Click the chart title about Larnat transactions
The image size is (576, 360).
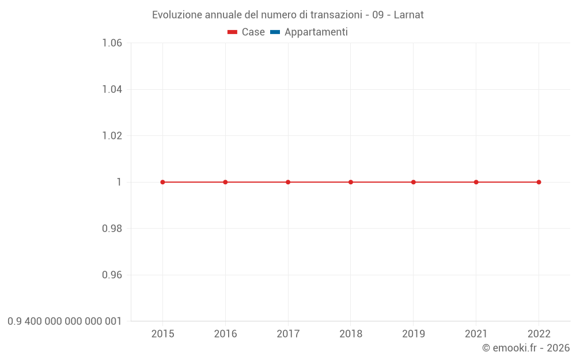click(x=287, y=15)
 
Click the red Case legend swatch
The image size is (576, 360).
click(x=232, y=32)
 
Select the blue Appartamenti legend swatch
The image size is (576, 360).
click(x=275, y=32)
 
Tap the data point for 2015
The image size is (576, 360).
click(x=162, y=182)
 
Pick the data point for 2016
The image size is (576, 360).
click(x=225, y=182)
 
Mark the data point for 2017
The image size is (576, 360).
click(x=288, y=182)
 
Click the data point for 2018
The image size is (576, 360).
click(x=351, y=182)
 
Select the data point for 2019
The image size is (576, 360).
click(x=414, y=182)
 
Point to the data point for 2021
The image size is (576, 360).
click(x=476, y=182)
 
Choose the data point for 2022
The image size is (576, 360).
click(x=539, y=182)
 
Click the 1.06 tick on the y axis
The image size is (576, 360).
click(x=112, y=43)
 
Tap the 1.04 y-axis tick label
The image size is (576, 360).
click(x=112, y=89)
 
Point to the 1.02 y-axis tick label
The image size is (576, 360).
click(x=112, y=135)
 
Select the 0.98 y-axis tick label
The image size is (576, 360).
click(x=112, y=229)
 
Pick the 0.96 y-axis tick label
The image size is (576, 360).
click(x=112, y=275)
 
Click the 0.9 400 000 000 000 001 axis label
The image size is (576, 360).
click(x=65, y=321)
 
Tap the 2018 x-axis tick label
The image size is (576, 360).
click(x=351, y=334)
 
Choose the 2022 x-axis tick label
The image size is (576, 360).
click(x=539, y=334)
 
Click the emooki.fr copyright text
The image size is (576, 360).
click(x=525, y=348)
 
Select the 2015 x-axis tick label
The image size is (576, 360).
click(x=162, y=334)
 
